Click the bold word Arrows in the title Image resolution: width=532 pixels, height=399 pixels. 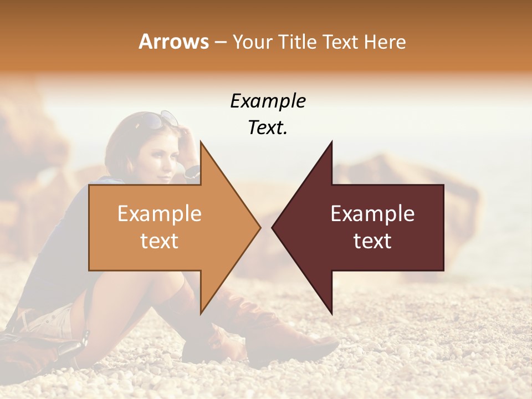point(174,42)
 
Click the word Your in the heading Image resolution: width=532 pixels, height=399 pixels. point(252,42)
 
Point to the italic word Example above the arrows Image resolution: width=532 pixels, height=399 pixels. point(268,101)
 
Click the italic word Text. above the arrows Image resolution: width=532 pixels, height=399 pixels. point(268,128)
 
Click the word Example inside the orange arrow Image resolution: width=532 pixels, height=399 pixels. point(160,214)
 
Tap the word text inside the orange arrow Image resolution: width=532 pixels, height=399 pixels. point(160,241)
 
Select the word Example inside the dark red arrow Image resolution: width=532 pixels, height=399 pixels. point(372,214)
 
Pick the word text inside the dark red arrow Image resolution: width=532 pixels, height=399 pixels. point(372,241)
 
